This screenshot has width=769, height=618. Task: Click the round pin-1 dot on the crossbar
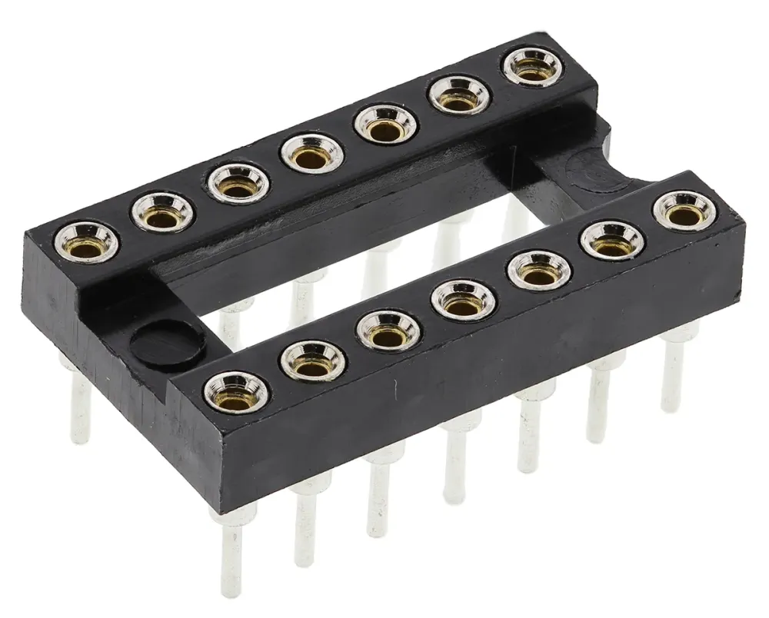(x=165, y=344)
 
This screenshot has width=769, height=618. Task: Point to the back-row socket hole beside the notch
(x=531, y=66)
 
